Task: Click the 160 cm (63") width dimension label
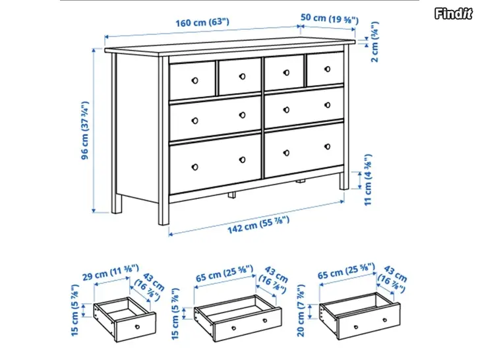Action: [202, 22]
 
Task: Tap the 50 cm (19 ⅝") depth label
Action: [329, 18]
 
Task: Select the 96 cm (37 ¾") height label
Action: [85, 130]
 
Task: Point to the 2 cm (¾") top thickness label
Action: [375, 42]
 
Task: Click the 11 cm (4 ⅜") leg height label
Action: [368, 179]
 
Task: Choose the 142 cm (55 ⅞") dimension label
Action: [258, 224]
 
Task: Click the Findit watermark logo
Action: [454, 13]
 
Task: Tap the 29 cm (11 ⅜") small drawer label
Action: [111, 272]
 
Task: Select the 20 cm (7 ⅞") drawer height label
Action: [301, 311]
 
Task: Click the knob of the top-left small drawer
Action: [195, 80]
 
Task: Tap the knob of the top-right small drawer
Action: [327, 69]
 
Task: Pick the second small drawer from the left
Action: [240, 76]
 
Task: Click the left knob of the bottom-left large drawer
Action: [195, 167]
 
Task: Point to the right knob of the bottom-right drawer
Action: [327, 146]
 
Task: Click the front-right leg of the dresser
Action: [344, 181]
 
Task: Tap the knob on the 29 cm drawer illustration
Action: [137, 327]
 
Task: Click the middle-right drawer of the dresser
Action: [304, 107]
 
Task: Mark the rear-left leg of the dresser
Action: [116, 204]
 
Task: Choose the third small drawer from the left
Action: [284, 72]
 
